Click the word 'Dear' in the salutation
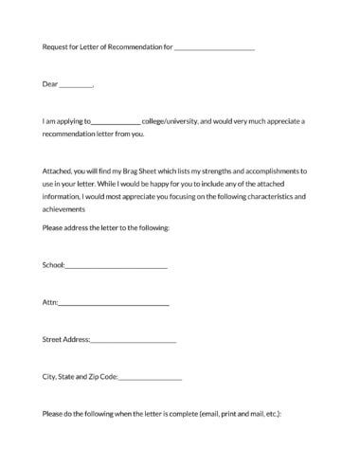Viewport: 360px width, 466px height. pyautogui.click(x=50, y=84)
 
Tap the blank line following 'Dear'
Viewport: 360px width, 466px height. pyautogui.click(x=76, y=86)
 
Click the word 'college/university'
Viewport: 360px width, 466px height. pyautogui.click(x=170, y=121)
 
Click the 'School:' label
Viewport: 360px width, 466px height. pyautogui.click(x=54, y=265)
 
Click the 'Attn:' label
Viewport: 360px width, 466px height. pyautogui.click(x=50, y=302)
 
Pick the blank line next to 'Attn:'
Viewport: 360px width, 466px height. pyautogui.click(x=114, y=305)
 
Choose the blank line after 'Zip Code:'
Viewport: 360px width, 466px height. pyautogui.click(x=151, y=379)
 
